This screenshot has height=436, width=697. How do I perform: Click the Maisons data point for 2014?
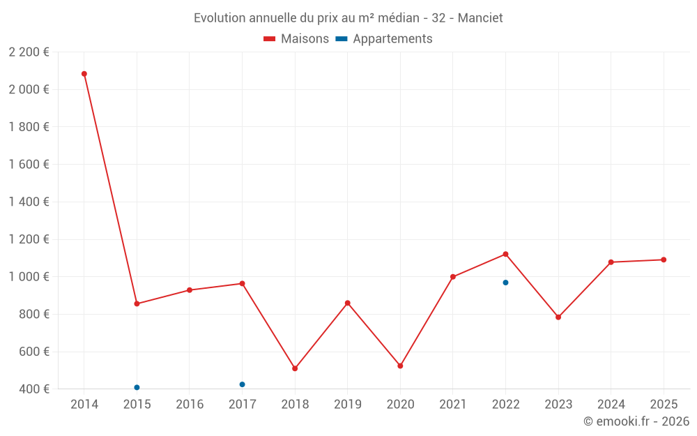pyautogui.click(x=84, y=74)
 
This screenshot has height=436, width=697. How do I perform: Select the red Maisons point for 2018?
pyautogui.click(x=295, y=368)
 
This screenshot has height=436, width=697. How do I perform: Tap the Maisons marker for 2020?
pyautogui.click(x=400, y=366)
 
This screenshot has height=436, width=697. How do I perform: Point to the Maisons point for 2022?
pyautogui.click(x=505, y=254)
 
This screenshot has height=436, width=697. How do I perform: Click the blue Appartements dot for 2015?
pyautogui.click(x=137, y=387)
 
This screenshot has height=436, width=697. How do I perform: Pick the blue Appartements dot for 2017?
pyautogui.click(x=242, y=384)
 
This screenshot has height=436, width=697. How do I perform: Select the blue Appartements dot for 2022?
pyautogui.click(x=505, y=283)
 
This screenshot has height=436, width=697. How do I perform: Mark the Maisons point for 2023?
pyautogui.click(x=558, y=317)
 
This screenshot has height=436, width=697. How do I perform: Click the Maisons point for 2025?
pyautogui.click(x=664, y=260)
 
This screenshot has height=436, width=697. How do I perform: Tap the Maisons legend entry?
pyautogui.click(x=296, y=39)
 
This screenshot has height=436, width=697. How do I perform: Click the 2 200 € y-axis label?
pyautogui.click(x=29, y=52)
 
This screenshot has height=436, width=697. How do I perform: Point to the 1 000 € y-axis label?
pyautogui.click(x=29, y=277)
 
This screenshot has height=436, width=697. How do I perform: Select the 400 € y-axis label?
pyautogui.click(x=33, y=389)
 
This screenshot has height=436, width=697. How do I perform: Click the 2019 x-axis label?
pyautogui.click(x=347, y=405)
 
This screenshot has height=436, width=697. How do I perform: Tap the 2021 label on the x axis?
pyautogui.click(x=452, y=405)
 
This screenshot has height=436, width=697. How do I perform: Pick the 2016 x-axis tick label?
pyautogui.click(x=190, y=405)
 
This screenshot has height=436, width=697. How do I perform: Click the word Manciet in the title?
pyautogui.click(x=480, y=18)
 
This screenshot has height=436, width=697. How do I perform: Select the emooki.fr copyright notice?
pyautogui.click(x=636, y=421)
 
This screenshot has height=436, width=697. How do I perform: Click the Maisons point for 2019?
pyautogui.click(x=347, y=303)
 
